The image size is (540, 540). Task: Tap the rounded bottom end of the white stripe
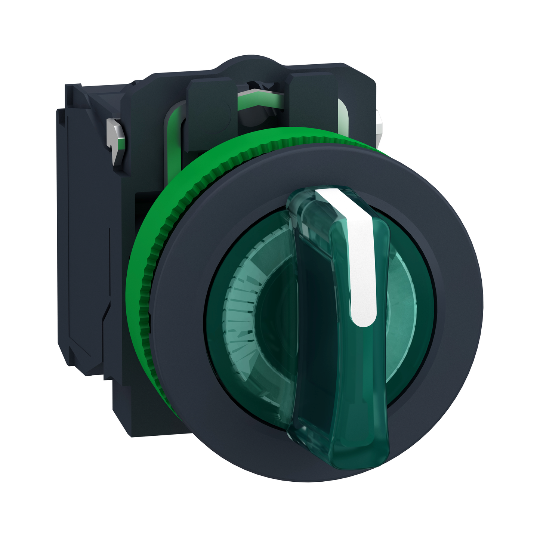[363, 320]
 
